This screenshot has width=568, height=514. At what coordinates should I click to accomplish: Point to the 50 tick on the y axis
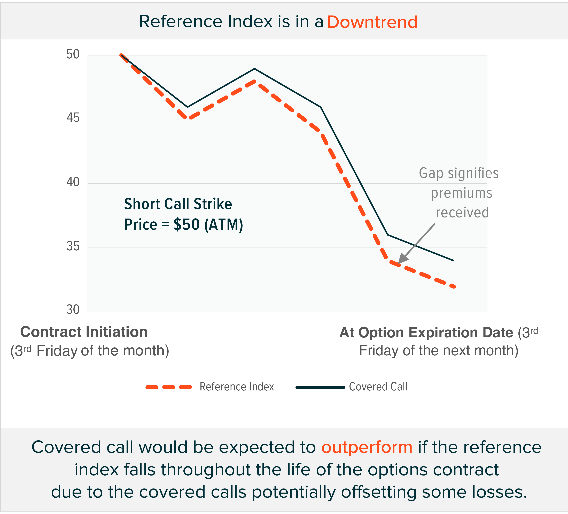(73, 54)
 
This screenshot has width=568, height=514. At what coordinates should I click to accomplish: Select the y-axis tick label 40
(73, 182)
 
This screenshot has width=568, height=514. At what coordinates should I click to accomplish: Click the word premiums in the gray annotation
(462, 193)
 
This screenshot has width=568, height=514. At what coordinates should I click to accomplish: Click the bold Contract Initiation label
(84, 332)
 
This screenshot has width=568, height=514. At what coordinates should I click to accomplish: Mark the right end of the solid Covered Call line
(453, 261)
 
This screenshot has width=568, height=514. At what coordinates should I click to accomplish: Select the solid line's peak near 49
(254, 69)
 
